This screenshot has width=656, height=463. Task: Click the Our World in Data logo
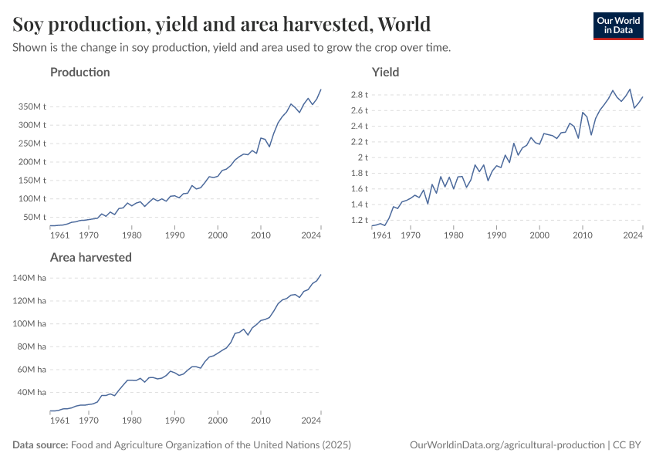[617, 25]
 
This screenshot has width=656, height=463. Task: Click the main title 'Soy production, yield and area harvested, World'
[221, 24]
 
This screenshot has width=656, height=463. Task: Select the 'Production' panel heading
[79, 73]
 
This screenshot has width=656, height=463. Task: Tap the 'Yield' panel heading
[385, 73]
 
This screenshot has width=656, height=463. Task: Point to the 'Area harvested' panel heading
[90, 257]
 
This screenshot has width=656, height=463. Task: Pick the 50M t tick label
[34, 217]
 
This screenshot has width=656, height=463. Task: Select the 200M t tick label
[32, 162]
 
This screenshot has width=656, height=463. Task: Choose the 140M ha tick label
[32, 278]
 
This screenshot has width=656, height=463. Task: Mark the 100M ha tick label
[32, 323]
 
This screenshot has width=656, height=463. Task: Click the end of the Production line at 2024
[321, 90]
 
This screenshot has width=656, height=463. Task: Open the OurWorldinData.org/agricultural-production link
[509, 445]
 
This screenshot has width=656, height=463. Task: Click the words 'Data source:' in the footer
[40, 445]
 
